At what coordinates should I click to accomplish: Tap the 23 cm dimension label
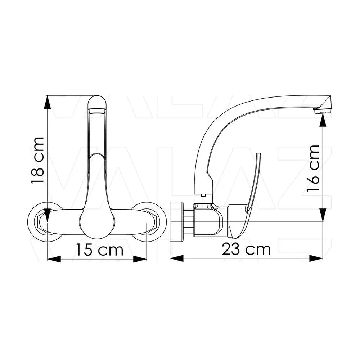coord(246,249)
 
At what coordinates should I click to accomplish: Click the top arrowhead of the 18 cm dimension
coord(47,102)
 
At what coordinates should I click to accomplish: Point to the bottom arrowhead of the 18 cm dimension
coord(47,215)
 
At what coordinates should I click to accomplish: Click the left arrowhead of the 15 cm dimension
coord(54,259)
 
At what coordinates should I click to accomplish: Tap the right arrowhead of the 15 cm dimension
coord(140,259)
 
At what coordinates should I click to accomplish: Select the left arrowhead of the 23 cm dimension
coord(177,258)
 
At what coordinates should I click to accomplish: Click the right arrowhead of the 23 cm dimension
coord(316,258)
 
